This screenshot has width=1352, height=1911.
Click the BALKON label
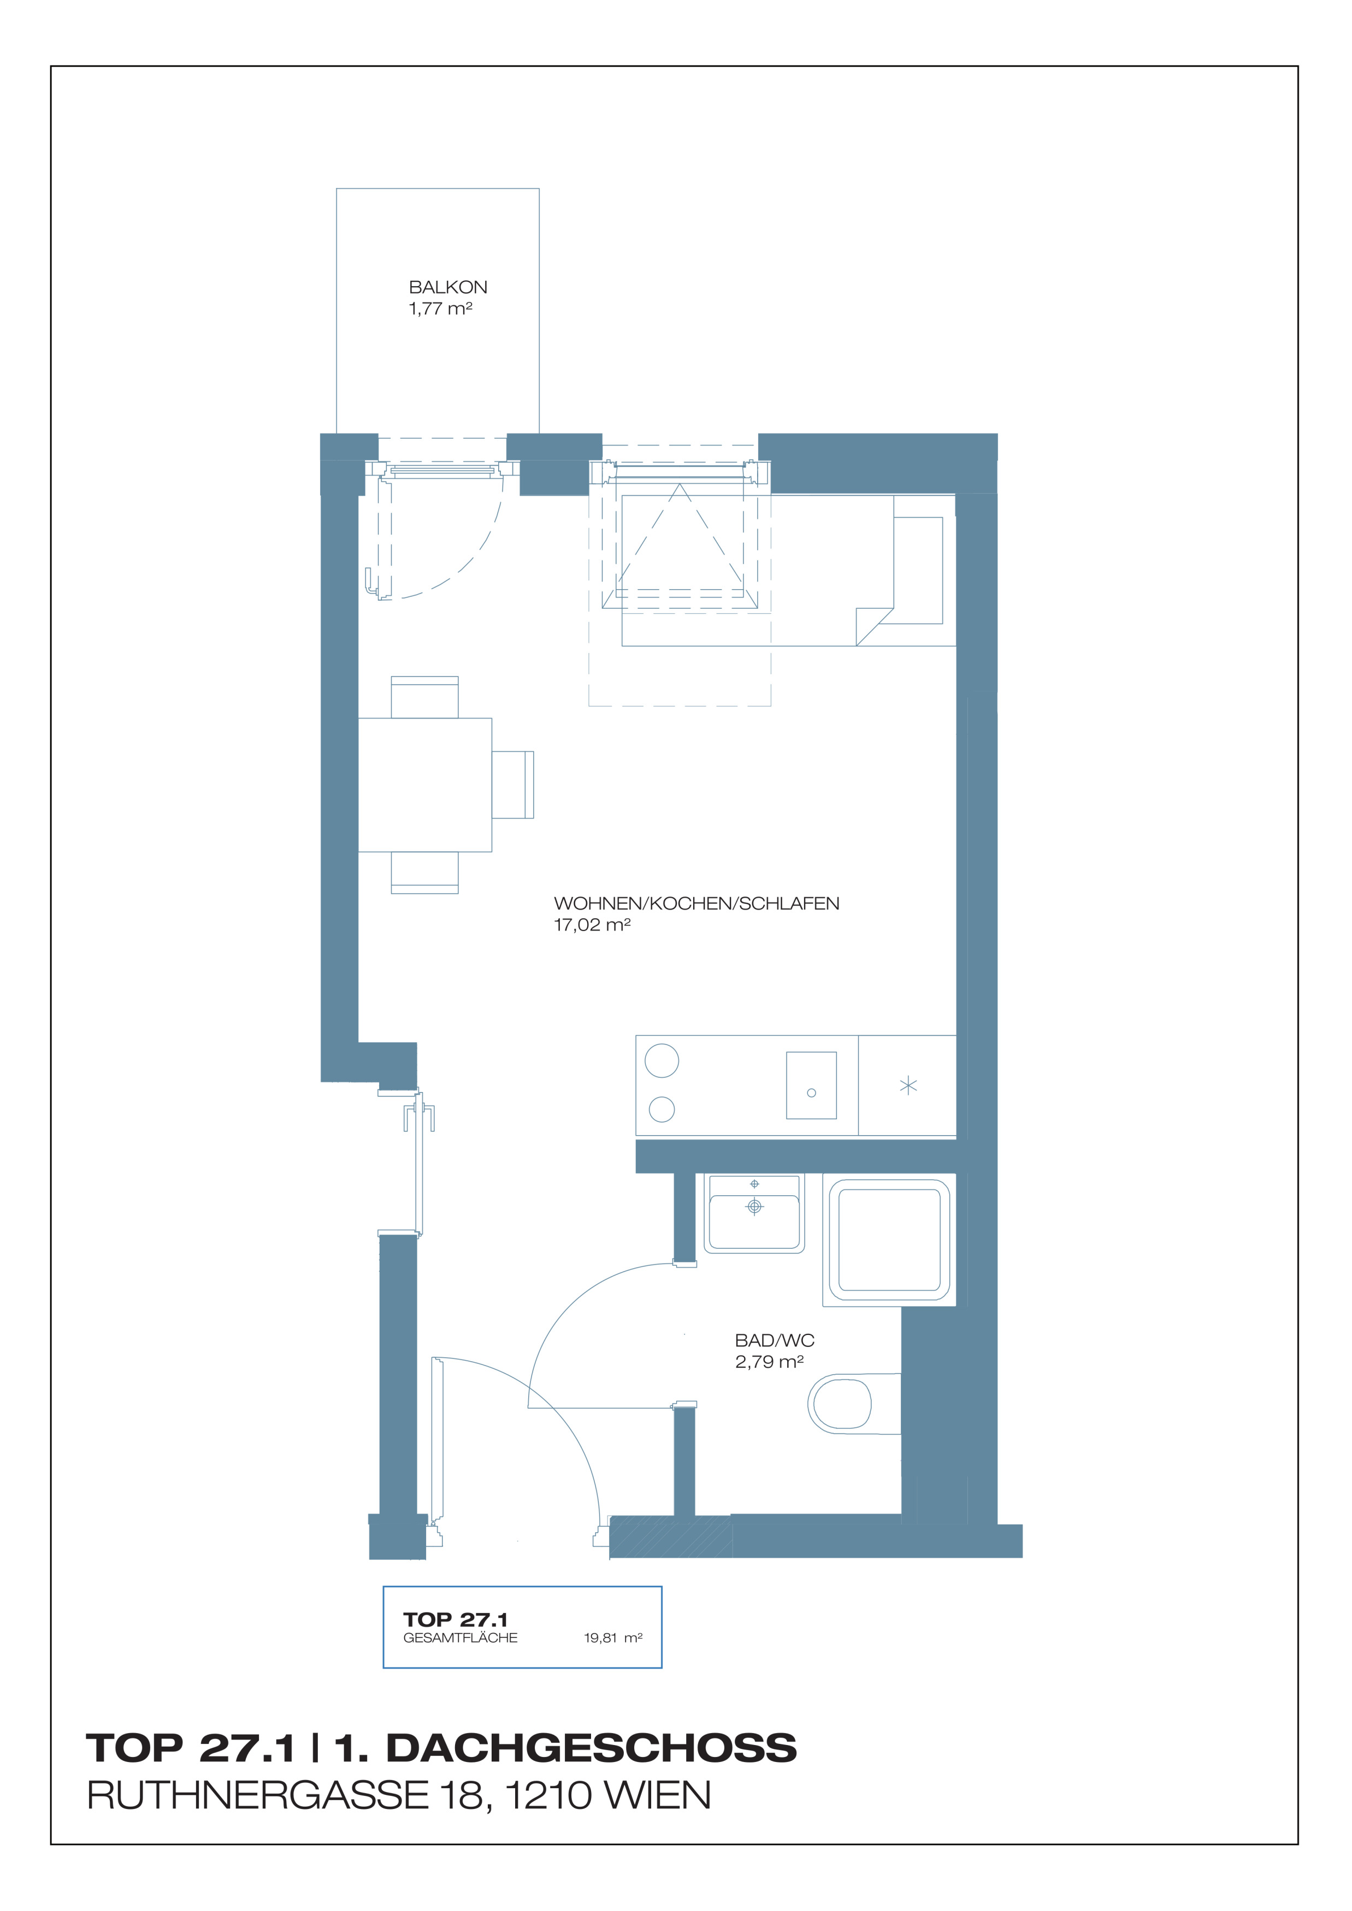[448, 287]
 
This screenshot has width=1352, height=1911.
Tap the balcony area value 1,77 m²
[440, 309]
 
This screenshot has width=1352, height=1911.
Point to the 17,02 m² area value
[592, 925]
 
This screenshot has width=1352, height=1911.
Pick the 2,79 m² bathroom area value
[769, 1362]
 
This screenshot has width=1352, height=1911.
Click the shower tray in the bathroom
[889, 1239]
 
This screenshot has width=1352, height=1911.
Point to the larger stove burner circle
[662, 1060]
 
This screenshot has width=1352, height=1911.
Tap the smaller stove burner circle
[662, 1109]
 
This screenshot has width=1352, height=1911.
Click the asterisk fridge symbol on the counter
[908, 1085]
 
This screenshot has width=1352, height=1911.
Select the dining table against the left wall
[424, 785]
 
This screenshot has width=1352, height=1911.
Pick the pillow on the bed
[918, 571]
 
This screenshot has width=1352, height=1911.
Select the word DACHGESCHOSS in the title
[592, 1748]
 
